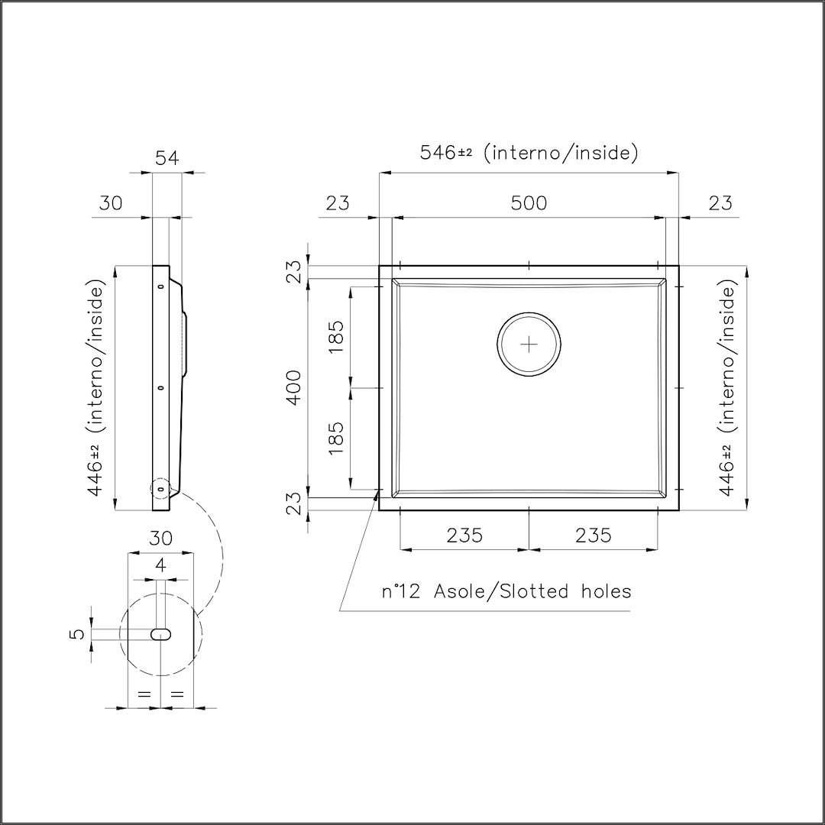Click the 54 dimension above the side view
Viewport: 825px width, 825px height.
tap(167, 158)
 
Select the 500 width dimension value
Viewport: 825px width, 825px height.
tap(529, 202)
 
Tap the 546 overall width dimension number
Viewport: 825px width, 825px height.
tap(438, 153)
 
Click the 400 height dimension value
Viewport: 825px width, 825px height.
tap(295, 388)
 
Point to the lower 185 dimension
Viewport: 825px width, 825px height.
tap(335, 438)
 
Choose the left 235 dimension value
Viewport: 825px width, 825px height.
tap(464, 535)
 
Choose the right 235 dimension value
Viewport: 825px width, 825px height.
tap(594, 535)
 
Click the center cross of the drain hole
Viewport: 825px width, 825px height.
tap(529, 345)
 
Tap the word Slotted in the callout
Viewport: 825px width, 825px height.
tap(534, 591)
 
